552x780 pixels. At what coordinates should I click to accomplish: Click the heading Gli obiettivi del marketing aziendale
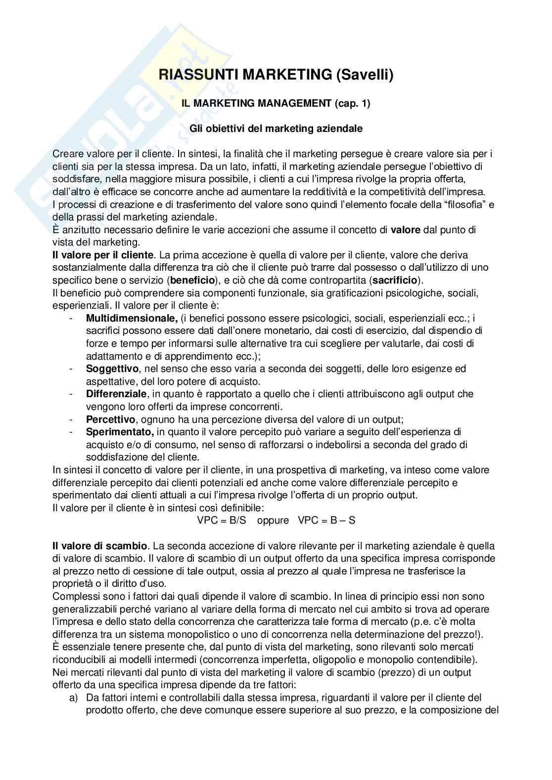coord(276,129)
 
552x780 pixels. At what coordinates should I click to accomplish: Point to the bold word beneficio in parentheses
coord(193,281)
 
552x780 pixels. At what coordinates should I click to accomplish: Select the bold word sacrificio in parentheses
coord(395,281)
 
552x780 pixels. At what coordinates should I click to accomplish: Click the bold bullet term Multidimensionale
coord(132,318)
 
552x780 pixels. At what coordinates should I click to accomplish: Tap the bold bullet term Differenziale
coord(116,394)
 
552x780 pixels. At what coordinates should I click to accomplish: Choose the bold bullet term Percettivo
coord(110,420)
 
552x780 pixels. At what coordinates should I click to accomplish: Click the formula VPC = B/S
coord(222,520)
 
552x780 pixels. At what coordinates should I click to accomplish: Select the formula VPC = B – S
coord(326,520)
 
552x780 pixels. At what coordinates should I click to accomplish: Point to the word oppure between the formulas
coord(273,520)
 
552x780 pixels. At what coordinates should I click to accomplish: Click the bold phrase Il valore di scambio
coord(100,546)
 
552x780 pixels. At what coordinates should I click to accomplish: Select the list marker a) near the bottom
coord(73,698)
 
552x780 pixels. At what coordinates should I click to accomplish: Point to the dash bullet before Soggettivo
coord(72,369)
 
